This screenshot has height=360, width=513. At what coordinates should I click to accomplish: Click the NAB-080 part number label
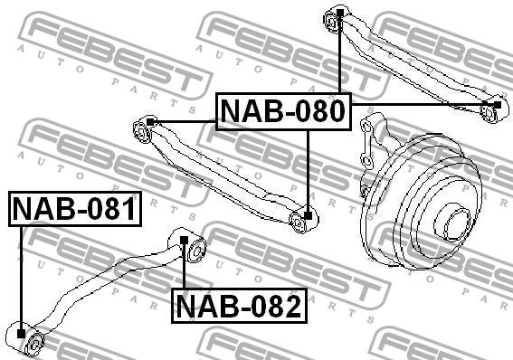pos(283,111)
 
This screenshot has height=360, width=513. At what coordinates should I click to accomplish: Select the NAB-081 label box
pos(75,209)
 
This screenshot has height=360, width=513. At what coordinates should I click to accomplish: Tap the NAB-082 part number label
pos(239,306)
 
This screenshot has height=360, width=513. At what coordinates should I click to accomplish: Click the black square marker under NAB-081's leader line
pos(21,334)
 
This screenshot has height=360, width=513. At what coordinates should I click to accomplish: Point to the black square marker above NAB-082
pos(185,241)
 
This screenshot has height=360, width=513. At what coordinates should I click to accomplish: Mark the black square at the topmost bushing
pos(340,13)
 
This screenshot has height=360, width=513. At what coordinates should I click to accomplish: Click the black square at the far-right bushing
pos(497,105)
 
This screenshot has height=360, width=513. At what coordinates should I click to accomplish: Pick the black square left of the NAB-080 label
pos(150,122)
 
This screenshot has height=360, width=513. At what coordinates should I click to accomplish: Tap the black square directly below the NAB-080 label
pos(308,215)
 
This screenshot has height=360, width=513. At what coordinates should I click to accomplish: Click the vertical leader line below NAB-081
pos(21,278)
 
